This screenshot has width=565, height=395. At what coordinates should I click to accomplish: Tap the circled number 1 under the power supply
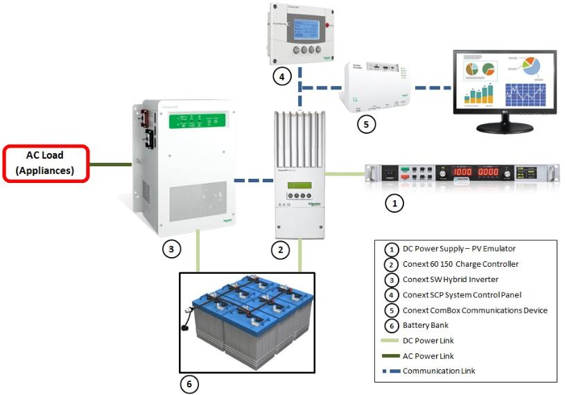point(394,204)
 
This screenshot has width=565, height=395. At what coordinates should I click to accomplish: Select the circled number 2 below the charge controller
point(280,251)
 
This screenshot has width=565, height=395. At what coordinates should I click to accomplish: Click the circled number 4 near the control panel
point(280,78)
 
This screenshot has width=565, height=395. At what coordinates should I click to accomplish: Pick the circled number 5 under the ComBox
point(365,125)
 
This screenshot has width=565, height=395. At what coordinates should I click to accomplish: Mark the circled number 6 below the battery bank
point(189,383)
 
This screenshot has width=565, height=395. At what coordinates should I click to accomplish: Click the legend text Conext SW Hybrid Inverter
point(458,279)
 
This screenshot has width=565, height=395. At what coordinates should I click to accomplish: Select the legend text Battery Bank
point(427,325)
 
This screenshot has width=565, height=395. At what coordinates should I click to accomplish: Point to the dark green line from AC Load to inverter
point(112,164)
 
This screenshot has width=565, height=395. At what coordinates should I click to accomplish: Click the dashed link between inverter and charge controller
point(253,180)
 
